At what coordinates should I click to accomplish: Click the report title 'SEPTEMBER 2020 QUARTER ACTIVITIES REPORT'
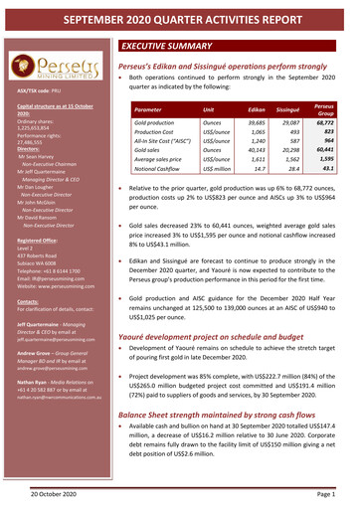(x=180, y=15)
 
